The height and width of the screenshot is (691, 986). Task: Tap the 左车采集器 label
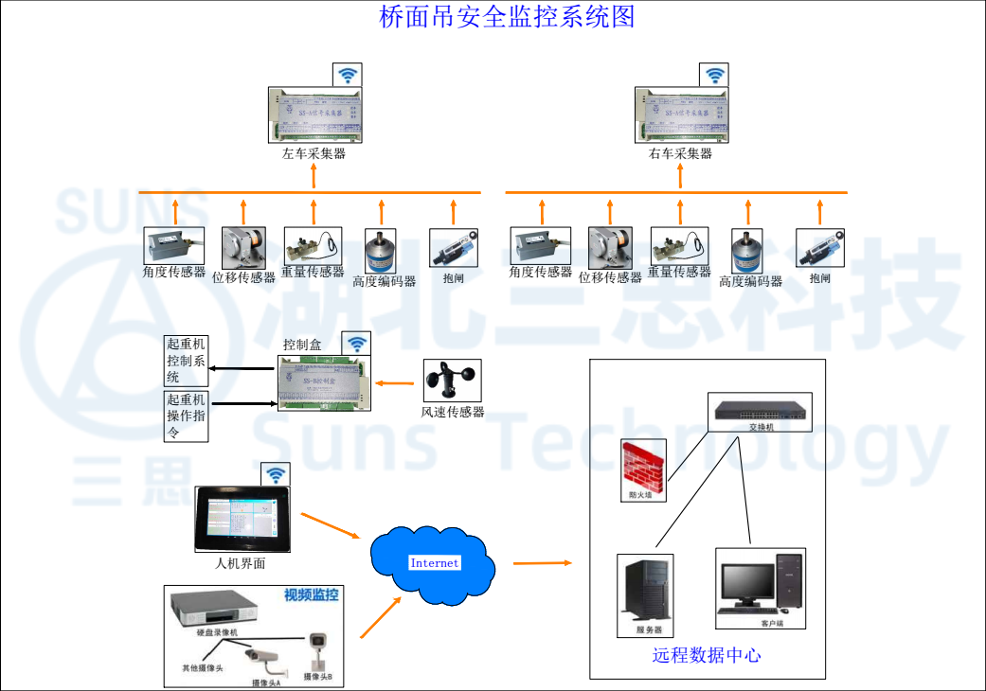click(314, 153)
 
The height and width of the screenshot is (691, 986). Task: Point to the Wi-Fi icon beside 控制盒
click(356, 344)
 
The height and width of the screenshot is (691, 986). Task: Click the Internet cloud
click(433, 563)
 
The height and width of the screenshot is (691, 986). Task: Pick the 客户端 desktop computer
click(760, 587)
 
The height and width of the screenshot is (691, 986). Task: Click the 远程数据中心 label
click(707, 655)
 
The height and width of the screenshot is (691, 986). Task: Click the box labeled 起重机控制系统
click(186, 361)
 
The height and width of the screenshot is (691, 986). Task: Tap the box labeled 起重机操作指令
click(186, 416)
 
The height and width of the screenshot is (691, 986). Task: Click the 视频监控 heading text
click(311, 595)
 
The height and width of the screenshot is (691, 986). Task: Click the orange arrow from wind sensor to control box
click(397, 383)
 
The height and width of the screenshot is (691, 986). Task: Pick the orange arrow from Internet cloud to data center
click(543, 563)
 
